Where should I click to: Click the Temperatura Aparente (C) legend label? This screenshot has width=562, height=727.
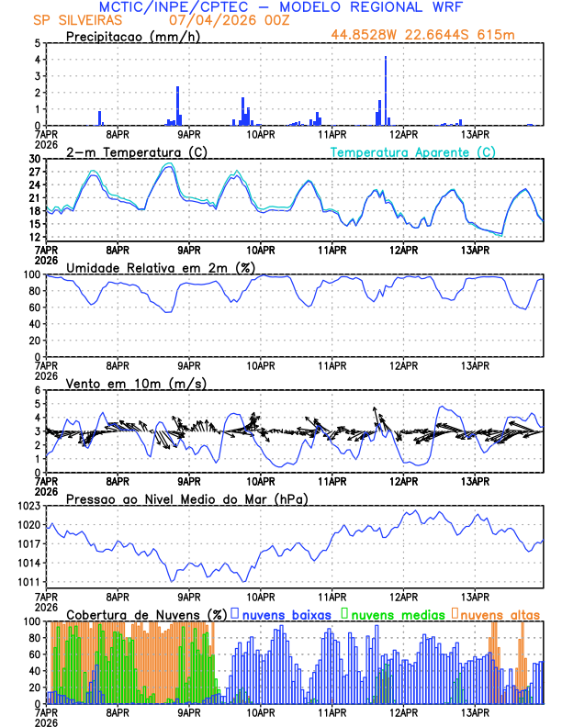click(x=413, y=152)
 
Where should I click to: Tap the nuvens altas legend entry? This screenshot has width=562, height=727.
click(x=499, y=613)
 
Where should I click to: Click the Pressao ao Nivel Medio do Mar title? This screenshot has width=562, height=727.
click(x=186, y=499)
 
